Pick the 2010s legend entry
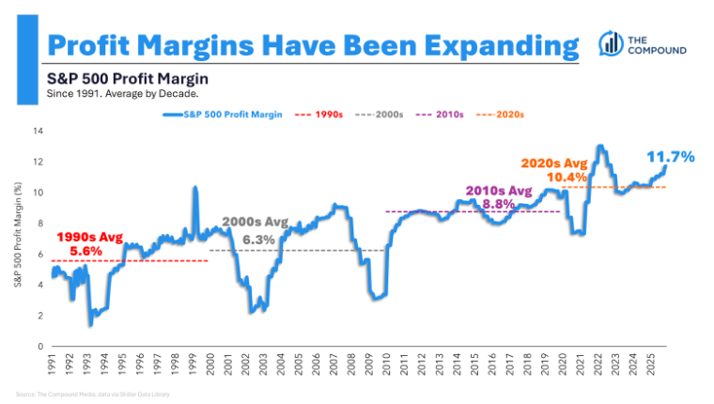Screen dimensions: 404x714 446,114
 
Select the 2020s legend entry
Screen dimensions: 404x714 506,114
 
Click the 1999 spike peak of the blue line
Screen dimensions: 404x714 194,188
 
